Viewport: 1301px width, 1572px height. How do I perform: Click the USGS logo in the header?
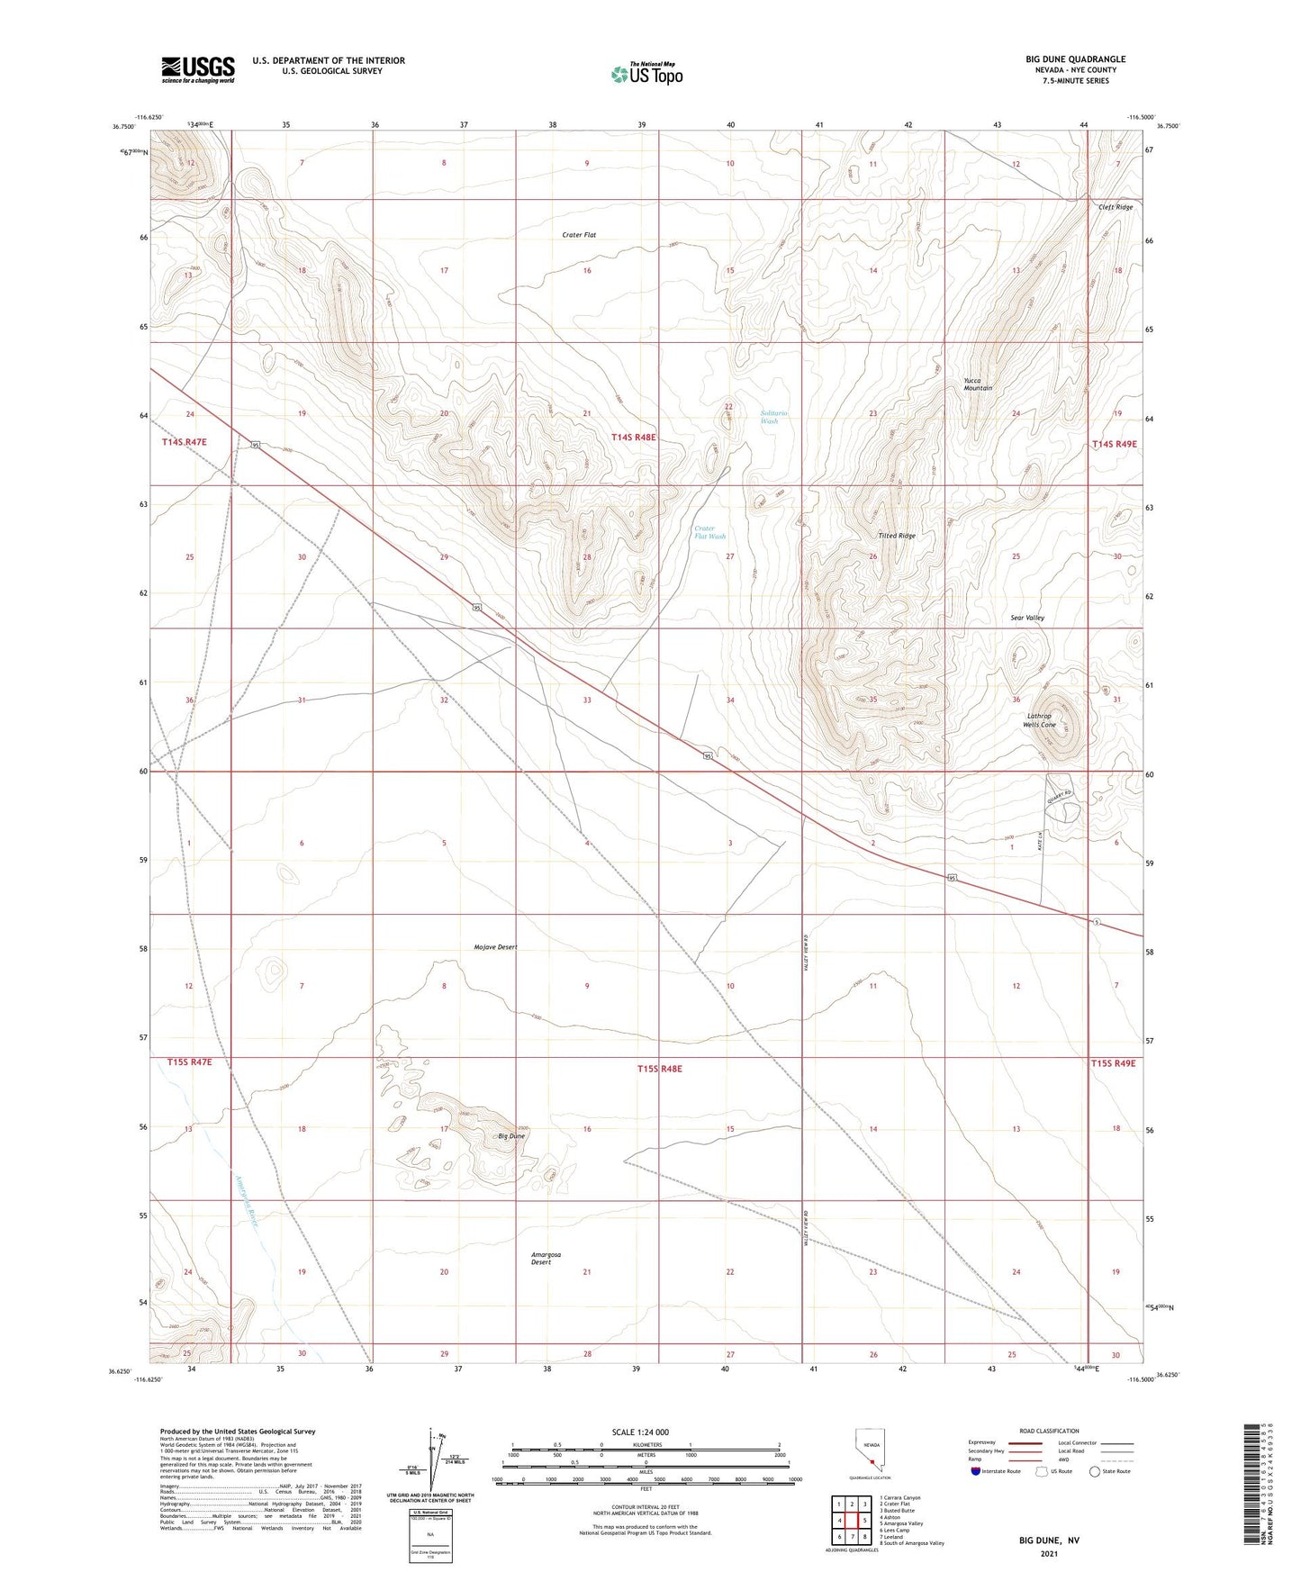(x=198, y=69)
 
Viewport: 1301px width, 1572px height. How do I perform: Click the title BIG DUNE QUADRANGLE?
(x=1075, y=59)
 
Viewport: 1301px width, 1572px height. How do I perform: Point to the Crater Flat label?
(x=579, y=235)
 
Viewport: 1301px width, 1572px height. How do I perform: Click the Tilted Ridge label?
(x=897, y=536)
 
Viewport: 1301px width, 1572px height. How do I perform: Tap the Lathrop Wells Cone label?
(x=1039, y=720)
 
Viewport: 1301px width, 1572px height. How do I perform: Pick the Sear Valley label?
(x=1027, y=618)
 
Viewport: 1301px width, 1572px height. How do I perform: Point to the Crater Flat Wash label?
(x=709, y=532)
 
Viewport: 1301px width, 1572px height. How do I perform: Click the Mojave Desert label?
(x=496, y=947)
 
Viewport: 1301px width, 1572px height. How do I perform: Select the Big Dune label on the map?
(x=511, y=1136)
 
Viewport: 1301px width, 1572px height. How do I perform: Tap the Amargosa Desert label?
(x=546, y=1258)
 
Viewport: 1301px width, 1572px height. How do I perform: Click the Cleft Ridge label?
(x=1116, y=207)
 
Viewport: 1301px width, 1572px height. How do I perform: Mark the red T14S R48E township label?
(x=634, y=437)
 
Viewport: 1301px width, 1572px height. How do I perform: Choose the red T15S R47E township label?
(x=189, y=1062)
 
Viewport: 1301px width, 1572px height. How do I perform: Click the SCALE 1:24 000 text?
(x=640, y=1432)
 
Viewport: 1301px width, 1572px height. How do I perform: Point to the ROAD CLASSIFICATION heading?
(x=1049, y=1431)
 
